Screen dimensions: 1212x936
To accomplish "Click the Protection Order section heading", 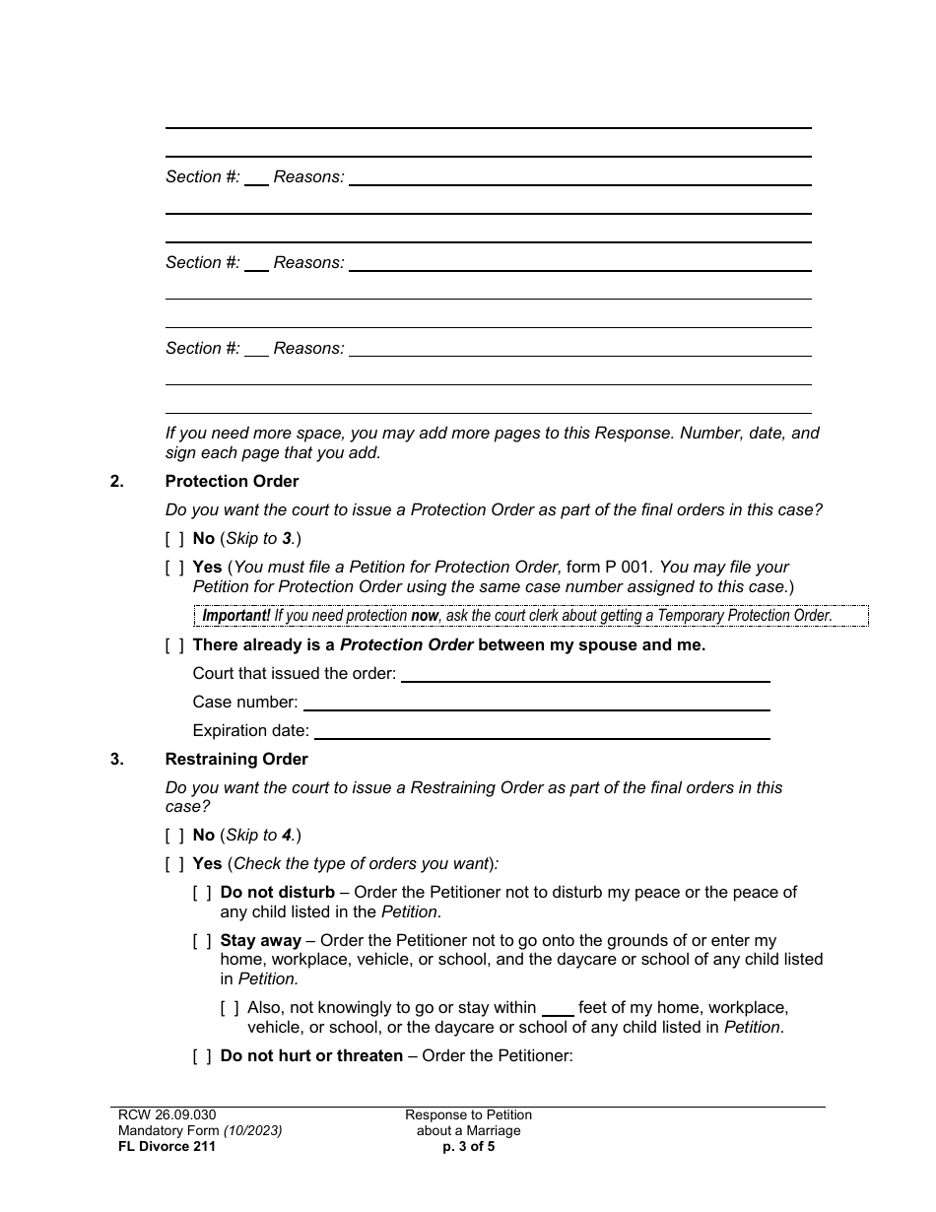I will tap(232, 481).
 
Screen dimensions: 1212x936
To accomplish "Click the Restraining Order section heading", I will tap(236, 759).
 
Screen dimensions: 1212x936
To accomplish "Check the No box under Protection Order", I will tap(174, 538).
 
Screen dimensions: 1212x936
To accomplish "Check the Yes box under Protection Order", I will tap(174, 567).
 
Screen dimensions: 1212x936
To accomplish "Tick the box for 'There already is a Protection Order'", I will tap(174, 644).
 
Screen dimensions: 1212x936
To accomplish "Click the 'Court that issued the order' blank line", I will tap(585, 674).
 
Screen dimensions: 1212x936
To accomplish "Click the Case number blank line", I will tap(536, 703).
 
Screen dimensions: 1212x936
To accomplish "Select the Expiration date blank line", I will tap(542, 731).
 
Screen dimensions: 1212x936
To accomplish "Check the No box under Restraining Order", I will tap(174, 835).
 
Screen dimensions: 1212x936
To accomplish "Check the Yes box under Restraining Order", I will tap(174, 863).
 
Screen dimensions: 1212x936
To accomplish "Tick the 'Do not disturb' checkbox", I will tap(202, 892).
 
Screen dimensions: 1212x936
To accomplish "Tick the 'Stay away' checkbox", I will tap(202, 940).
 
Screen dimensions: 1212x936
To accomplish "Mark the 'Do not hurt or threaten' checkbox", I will tap(202, 1055).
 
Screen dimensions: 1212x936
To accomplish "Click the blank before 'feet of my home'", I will tap(558, 1009).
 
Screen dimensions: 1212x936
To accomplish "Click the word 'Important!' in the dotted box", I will tap(236, 616).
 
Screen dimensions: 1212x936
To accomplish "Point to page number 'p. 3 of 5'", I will tap(468, 1146).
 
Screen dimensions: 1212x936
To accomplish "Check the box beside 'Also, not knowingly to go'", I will tap(230, 1007).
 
